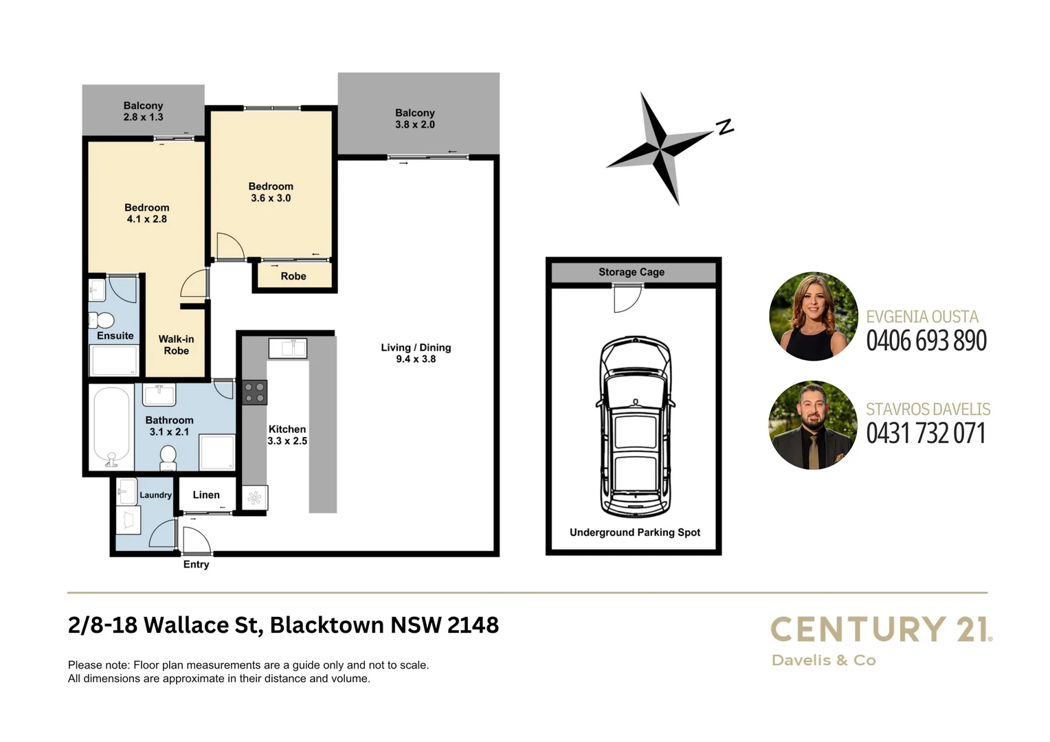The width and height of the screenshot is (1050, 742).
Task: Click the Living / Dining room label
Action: click(x=416, y=353)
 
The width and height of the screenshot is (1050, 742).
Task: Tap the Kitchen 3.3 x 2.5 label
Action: click(x=287, y=435)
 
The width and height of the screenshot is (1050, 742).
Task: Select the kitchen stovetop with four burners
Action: click(x=254, y=392)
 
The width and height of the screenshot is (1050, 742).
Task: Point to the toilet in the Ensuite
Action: click(x=103, y=320)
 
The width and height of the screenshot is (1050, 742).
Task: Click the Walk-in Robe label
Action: click(x=176, y=345)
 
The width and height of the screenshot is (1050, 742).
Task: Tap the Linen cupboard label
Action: click(x=206, y=495)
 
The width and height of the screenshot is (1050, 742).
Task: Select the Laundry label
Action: click(x=155, y=495)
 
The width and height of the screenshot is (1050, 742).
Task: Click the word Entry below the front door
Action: click(x=196, y=564)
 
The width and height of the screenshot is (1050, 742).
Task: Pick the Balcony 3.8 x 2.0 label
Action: click(x=415, y=118)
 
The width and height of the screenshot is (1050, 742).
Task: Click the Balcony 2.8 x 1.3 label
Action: click(x=143, y=111)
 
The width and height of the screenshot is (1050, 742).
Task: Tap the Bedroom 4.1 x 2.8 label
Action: click(x=146, y=213)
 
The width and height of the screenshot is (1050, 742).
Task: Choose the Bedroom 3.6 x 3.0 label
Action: click(x=271, y=192)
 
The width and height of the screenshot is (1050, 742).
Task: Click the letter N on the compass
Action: click(x=725, y=126)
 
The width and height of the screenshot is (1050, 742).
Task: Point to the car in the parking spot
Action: click(x=635, y=427)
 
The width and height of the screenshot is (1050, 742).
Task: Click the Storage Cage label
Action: click(x=632, y=272)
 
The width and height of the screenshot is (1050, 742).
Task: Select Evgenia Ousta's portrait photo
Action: click(x=813, y=317)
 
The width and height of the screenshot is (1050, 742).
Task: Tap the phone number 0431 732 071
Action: click(x=926, y=434)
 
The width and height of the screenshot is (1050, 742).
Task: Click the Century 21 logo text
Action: click(x=881, y=629)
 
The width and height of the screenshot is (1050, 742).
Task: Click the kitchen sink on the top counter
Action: click(x=288, y=348)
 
